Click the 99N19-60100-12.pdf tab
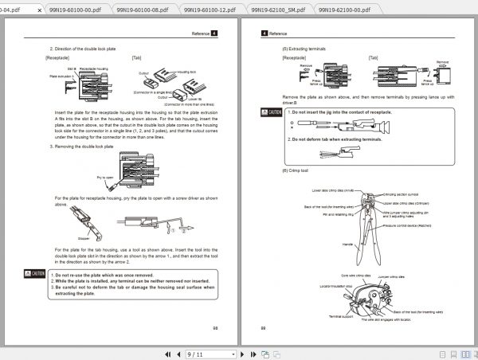[210, 10]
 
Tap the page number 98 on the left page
[215, 327]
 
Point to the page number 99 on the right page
[263, 327]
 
